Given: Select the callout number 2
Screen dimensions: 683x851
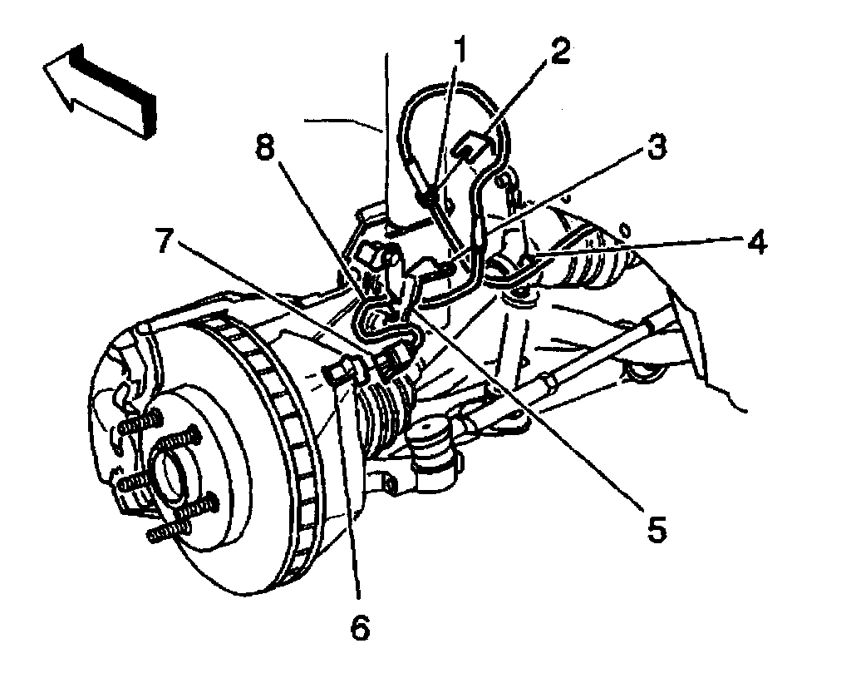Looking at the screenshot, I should coord(556,52).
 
